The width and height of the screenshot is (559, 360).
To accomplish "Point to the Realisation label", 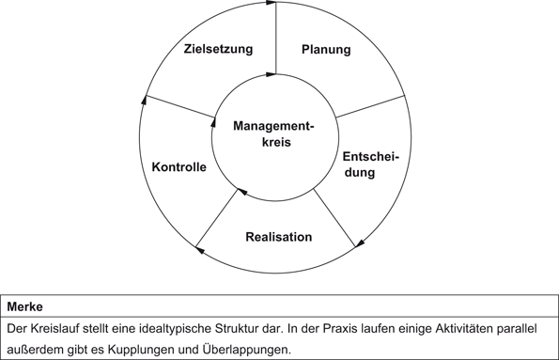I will pos(278,237).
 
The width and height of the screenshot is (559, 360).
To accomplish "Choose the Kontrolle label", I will pos(179,167).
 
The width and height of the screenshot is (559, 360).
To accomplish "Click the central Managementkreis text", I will pos(272,134).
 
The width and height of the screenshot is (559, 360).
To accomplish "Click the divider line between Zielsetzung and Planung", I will pos(276,38).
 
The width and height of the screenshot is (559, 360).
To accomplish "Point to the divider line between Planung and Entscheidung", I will pos(369,105).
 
